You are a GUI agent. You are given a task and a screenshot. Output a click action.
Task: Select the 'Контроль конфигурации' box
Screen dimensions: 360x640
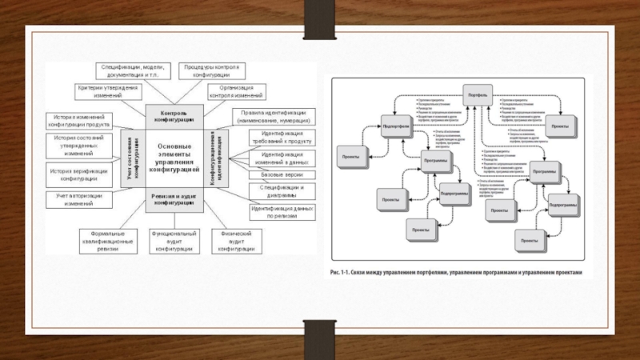174,117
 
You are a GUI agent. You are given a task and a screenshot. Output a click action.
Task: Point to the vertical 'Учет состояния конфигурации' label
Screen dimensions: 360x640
133,156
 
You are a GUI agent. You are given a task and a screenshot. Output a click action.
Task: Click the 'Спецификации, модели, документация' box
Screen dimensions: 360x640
132,70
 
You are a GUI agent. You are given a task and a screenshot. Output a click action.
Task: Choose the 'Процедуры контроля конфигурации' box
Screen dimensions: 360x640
210,70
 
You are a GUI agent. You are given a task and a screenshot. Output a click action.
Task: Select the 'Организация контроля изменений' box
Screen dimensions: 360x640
232,91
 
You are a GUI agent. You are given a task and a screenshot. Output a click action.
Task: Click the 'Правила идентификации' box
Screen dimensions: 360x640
272,117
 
